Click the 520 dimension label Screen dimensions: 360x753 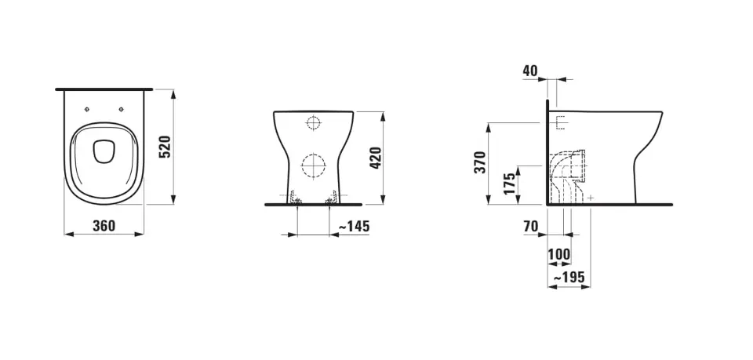[x=165, y=147]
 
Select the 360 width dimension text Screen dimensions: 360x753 [x=104, y=226]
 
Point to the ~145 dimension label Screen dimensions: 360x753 [x=353, y=226]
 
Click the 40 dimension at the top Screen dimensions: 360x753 [x=529, y=71]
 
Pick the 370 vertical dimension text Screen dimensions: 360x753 [x=480, y=162]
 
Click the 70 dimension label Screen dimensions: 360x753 [x=530, y=227]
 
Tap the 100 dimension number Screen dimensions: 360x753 [x=558, y=255]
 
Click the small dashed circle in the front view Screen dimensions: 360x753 [x=313, y=123]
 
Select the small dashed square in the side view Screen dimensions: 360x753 [x=560, y=123]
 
